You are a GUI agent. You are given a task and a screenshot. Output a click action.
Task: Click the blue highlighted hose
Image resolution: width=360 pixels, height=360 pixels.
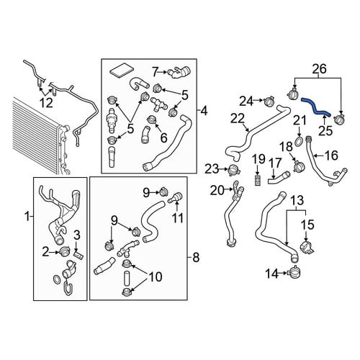pyautogui.click(x=314, y=107)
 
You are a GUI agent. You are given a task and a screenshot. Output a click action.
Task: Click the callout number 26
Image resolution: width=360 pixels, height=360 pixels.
pyautogui.click(x=320, y=68)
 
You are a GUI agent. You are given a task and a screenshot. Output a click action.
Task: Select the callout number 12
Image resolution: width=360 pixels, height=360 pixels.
pyautogui.click(x=46, y=103)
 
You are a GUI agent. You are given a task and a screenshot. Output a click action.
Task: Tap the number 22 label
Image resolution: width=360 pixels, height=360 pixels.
pyautogui.click(x=238, y=119)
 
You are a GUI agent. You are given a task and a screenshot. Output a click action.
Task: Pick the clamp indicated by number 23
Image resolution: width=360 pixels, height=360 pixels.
pyautogui.click(x=233, y=169)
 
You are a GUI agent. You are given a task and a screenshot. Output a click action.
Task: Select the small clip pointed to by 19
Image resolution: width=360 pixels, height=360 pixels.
pyautogui.click(x=258, y=180)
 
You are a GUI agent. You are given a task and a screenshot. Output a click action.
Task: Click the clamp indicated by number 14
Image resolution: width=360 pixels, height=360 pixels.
pyautogui.click(x=294, y=272)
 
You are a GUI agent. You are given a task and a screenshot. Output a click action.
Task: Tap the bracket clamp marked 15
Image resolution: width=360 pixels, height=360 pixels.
pyautogui.click(x=307, y=248)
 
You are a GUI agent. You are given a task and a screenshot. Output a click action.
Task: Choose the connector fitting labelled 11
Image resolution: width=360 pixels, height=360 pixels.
pyautogui.click(x=176, y=197)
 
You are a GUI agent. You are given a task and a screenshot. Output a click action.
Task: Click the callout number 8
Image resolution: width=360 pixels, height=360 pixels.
pyautogui.click(x=196, y=258)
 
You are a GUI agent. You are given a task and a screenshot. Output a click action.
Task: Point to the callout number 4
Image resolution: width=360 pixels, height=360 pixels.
pyautogui.click(x=204, y=111)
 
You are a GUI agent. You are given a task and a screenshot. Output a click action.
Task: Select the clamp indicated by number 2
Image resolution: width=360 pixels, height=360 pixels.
pyautogui.click(x=63, y=251)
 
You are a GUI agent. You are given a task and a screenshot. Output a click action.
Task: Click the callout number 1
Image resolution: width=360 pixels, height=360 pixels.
pyautogui.click(x=27, y=217)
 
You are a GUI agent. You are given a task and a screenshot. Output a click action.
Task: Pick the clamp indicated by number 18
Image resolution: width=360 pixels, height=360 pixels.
pyautogui.click(x=299, y=166)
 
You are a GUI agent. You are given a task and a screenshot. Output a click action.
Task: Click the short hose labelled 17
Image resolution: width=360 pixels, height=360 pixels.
pyautogui.click(x=279, y=178)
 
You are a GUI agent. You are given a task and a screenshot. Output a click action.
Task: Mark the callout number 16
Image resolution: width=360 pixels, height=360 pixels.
pyautogui.click(x=331, y=156)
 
